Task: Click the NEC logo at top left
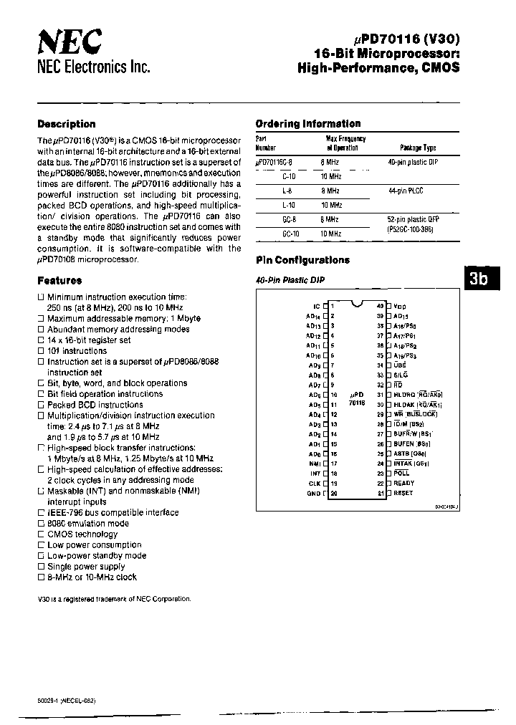(69, 44)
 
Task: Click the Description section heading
(66, 124)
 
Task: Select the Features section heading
(59, 281)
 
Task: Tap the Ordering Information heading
(307, 123)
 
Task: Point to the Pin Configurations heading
(302, 260)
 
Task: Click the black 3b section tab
(478, 279)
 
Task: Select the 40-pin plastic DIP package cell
(412, 163)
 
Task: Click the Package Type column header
(418, 148)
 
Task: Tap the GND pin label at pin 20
(314, 494)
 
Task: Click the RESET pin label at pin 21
(403, 494)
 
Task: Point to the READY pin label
(403, 483)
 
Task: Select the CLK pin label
(315, 483)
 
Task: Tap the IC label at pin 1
(317, 305)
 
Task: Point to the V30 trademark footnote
(114, 598)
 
